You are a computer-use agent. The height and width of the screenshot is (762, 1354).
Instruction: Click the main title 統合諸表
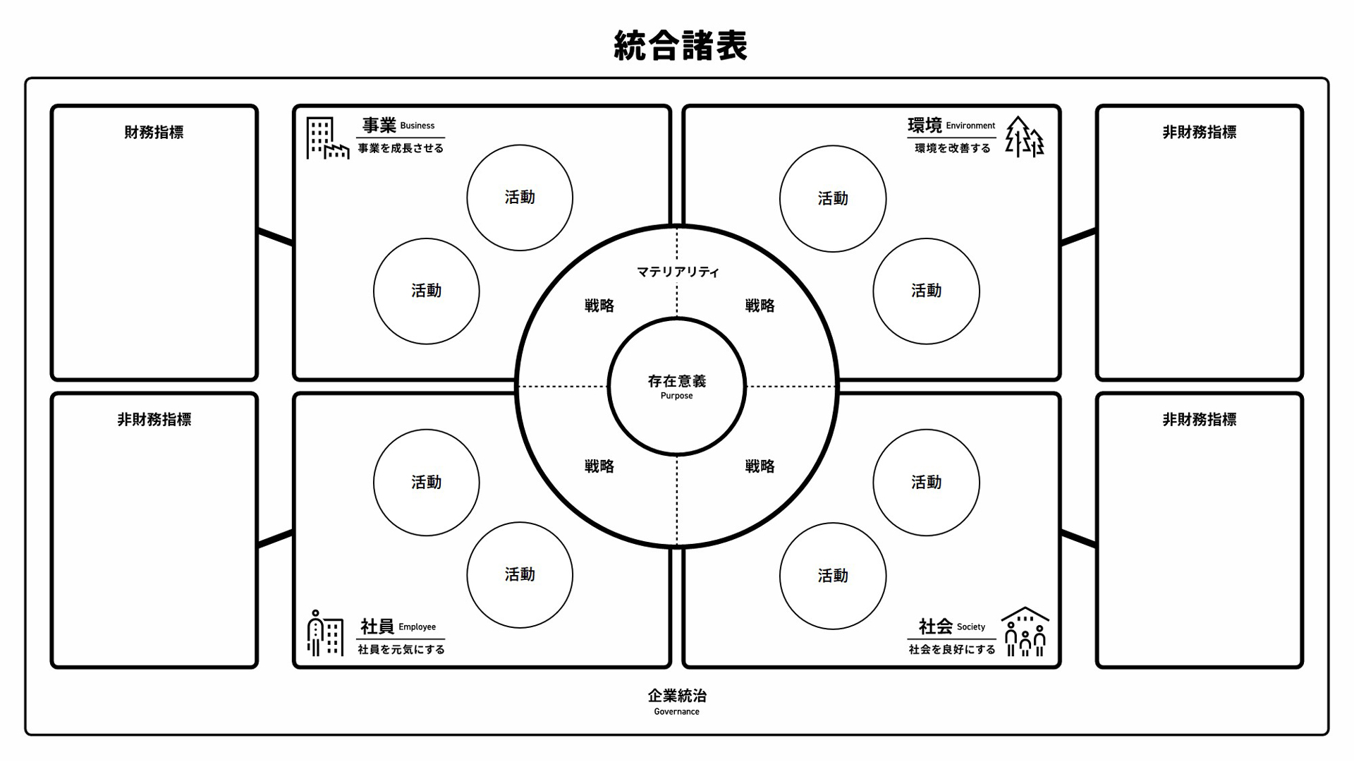680,46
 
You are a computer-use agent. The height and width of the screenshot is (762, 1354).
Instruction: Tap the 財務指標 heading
154,133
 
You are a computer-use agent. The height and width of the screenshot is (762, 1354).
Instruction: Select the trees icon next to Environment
1025,137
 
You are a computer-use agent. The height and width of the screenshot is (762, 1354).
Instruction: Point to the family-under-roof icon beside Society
1025,631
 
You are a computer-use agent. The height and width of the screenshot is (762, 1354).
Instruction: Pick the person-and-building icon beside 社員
325,633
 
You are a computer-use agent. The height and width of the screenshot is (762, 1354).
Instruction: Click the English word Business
417,126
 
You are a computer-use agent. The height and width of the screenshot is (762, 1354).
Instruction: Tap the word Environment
970,126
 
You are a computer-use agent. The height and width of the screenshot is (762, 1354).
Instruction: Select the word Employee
417,627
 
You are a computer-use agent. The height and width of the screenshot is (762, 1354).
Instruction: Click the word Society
971,627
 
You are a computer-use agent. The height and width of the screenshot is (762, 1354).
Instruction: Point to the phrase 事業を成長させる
401,148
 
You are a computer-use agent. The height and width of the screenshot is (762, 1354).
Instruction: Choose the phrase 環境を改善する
953,148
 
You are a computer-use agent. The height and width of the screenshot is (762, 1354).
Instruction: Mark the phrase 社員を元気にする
401,649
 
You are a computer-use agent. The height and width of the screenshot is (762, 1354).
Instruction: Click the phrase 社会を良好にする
952,649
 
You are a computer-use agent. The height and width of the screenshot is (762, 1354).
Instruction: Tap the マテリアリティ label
678,272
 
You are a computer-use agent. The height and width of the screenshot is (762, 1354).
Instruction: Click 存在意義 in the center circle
677,382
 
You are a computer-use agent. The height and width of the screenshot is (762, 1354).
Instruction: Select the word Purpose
677,396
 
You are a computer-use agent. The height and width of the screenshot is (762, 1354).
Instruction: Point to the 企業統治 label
677,696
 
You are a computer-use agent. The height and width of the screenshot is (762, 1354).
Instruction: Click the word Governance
677,712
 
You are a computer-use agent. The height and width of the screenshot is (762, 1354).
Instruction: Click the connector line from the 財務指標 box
276,237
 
